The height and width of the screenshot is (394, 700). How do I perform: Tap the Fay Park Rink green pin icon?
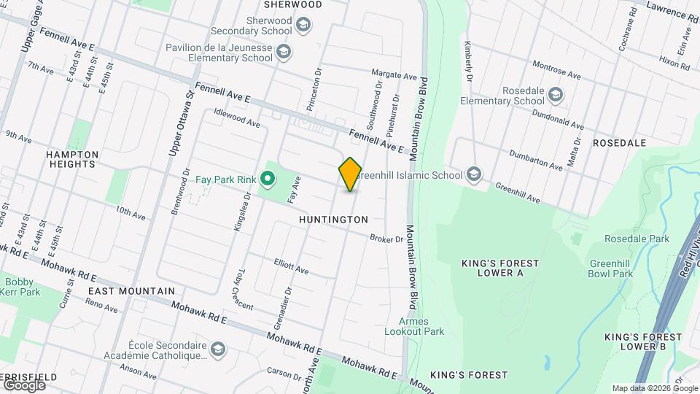pos(268,178)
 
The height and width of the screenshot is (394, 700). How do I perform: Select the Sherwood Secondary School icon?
pos(302,26)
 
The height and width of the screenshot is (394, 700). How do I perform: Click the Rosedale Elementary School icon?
pos(556,96)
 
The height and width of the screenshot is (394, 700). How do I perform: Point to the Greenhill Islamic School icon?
pos(475,174)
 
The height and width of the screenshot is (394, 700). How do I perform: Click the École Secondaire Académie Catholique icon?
pos(217,350)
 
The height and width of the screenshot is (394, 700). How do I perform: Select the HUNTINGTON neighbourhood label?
pos(333,219)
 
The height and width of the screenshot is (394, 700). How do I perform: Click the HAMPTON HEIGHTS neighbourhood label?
pos(71,160)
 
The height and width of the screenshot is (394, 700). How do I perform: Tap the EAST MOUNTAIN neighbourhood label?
pos(131,290)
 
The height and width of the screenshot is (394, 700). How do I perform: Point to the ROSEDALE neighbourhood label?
pos(620,143)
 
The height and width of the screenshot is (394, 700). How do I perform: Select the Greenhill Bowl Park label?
pos(611,269)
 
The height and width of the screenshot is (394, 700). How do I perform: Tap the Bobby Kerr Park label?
pos(20,287)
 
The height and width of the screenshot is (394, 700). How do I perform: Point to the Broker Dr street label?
pos(386,239)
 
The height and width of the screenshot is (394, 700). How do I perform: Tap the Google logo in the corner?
pos(24,385)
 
